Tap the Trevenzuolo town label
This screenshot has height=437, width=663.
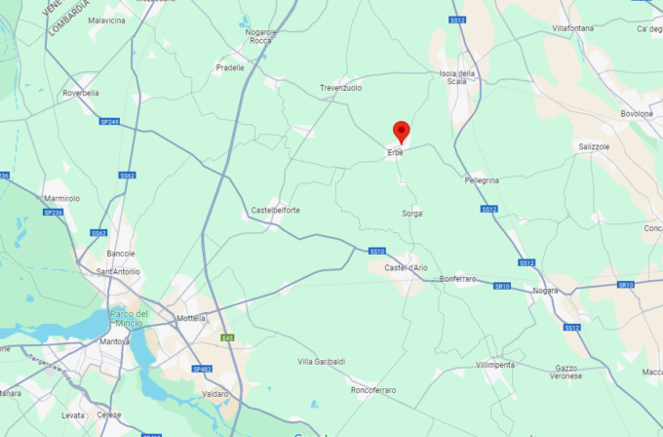click(x=340, y=88)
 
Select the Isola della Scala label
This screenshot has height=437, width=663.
click(x=457, y=78)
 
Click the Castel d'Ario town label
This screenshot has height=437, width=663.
click(x=406, y=267)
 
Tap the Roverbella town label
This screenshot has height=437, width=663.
click(x=81, y=94)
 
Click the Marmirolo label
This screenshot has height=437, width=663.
click(x=61, y=198)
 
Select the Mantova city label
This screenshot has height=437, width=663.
click(x=114, y=341)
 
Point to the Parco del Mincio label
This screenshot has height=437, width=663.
click(x=129, y=318)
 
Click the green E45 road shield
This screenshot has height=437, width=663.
click(x=228, y=338)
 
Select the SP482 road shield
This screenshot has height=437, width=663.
click(x=202, y=369)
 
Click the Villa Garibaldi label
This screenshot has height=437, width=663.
click(x=321, y=362)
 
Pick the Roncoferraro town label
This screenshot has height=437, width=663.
click(x=372, y=390)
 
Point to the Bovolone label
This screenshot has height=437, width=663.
click(x=637, y=113)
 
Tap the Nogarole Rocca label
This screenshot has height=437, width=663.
click(x=261, y=36)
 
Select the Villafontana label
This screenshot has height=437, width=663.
click(x=572, y=28)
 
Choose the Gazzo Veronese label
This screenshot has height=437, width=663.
click(x=566, y=372)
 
